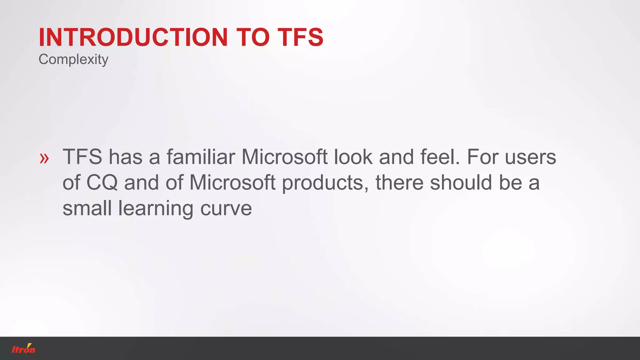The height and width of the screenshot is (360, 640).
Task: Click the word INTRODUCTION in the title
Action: tap(133, 37)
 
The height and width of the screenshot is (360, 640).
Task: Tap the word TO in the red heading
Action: tap(252, 37)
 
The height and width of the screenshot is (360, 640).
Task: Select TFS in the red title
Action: tap(300, 37)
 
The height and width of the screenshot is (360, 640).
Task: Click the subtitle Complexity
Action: tap(73, 59)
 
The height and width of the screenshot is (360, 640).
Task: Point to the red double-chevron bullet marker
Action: tap(44, 158)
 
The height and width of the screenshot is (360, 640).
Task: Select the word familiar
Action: tap(201, 157)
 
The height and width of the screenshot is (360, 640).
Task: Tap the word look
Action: tap(353, 157)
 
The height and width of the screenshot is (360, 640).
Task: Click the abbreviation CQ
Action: tap(102, 182)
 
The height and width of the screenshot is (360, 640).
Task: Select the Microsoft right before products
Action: tap(232, 182)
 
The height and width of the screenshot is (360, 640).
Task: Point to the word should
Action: tap(461, 182)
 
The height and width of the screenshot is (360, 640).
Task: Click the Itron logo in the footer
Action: tap(23, 348)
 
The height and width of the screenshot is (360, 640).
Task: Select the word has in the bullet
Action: tap(125, 157)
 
